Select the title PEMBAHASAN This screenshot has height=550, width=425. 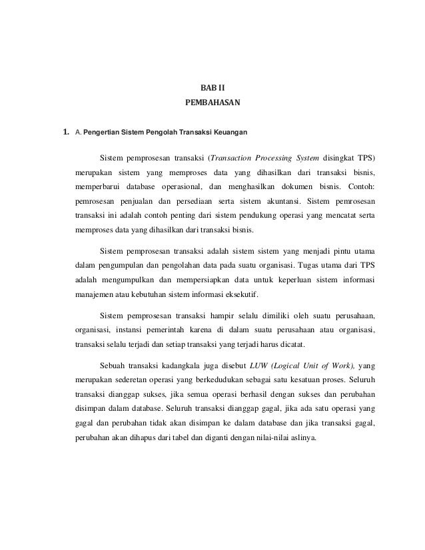click(x=212, y=104)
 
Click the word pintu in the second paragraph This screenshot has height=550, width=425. click(x=331, y=252)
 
